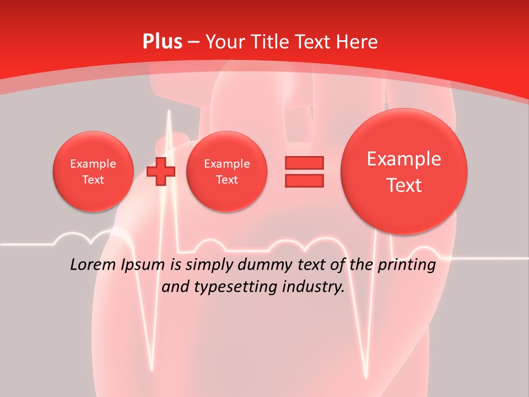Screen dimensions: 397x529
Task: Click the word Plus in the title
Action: tap(162, 41)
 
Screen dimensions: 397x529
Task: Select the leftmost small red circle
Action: tap(93, 171)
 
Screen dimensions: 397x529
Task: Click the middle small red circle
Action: tap(226, 171)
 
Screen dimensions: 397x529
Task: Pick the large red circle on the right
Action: tap(404, 171)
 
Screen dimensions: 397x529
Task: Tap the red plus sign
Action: tap(161, 171)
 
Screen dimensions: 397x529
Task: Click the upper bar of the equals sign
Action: tap(304, 162)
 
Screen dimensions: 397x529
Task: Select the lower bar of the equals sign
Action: tap(304, 180)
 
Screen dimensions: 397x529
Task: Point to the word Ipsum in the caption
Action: tap(144, 265)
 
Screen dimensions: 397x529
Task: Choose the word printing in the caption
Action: tap(404, 265)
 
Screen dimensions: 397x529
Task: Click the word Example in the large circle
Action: tap(404, 159)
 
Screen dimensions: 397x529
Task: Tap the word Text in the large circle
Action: tap(404, 185)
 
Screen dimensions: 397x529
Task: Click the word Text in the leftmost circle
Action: tap(93, 180)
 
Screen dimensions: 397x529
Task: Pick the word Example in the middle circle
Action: tap(226, 164)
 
